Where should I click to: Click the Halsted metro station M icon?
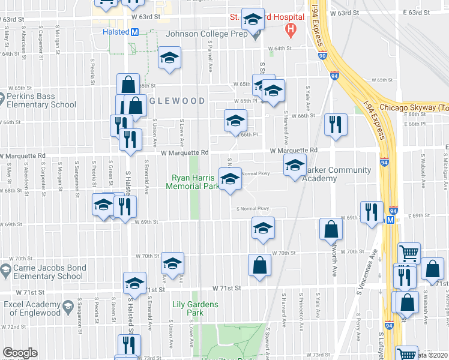pos(135,32)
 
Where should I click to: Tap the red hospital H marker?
pos(291,28)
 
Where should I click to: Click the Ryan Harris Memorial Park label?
pos(196,182)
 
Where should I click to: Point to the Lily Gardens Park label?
pos(194,308)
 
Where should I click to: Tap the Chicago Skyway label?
pos(415,107)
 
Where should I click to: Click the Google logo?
pos(20,353)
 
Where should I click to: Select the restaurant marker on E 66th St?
pos(335,124)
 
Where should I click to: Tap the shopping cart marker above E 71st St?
pos(409,253)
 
